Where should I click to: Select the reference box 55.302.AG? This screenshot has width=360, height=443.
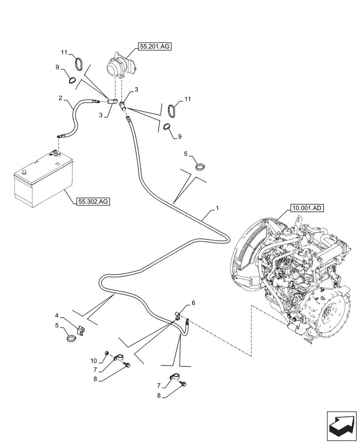click(94, 201)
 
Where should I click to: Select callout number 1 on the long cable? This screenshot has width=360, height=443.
click(217, 208)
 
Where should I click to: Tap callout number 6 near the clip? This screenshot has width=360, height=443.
click(193, 303)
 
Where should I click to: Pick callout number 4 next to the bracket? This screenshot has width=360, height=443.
click(57, 316)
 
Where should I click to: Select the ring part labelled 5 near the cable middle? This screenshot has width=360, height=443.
click(201, 167)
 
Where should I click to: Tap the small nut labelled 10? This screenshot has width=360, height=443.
click(107, 353)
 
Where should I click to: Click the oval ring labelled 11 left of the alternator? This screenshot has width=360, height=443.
click(79, 64)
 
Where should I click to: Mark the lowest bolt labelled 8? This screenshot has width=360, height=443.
click(184, 388)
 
